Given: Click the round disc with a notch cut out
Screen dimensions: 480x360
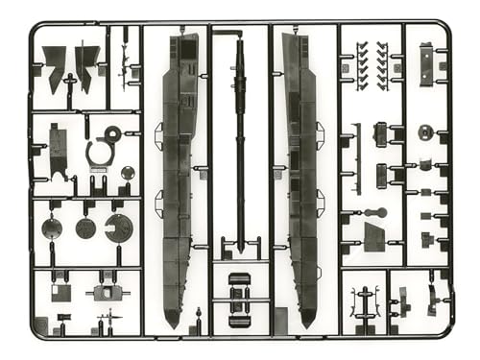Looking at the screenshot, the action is coord(120,228).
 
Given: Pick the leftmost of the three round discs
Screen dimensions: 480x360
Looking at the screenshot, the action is coord(53,228).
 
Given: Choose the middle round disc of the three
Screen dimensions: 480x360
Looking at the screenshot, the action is coord(85,228).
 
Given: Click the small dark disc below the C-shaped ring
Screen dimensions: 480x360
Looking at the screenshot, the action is coord(128,173).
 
